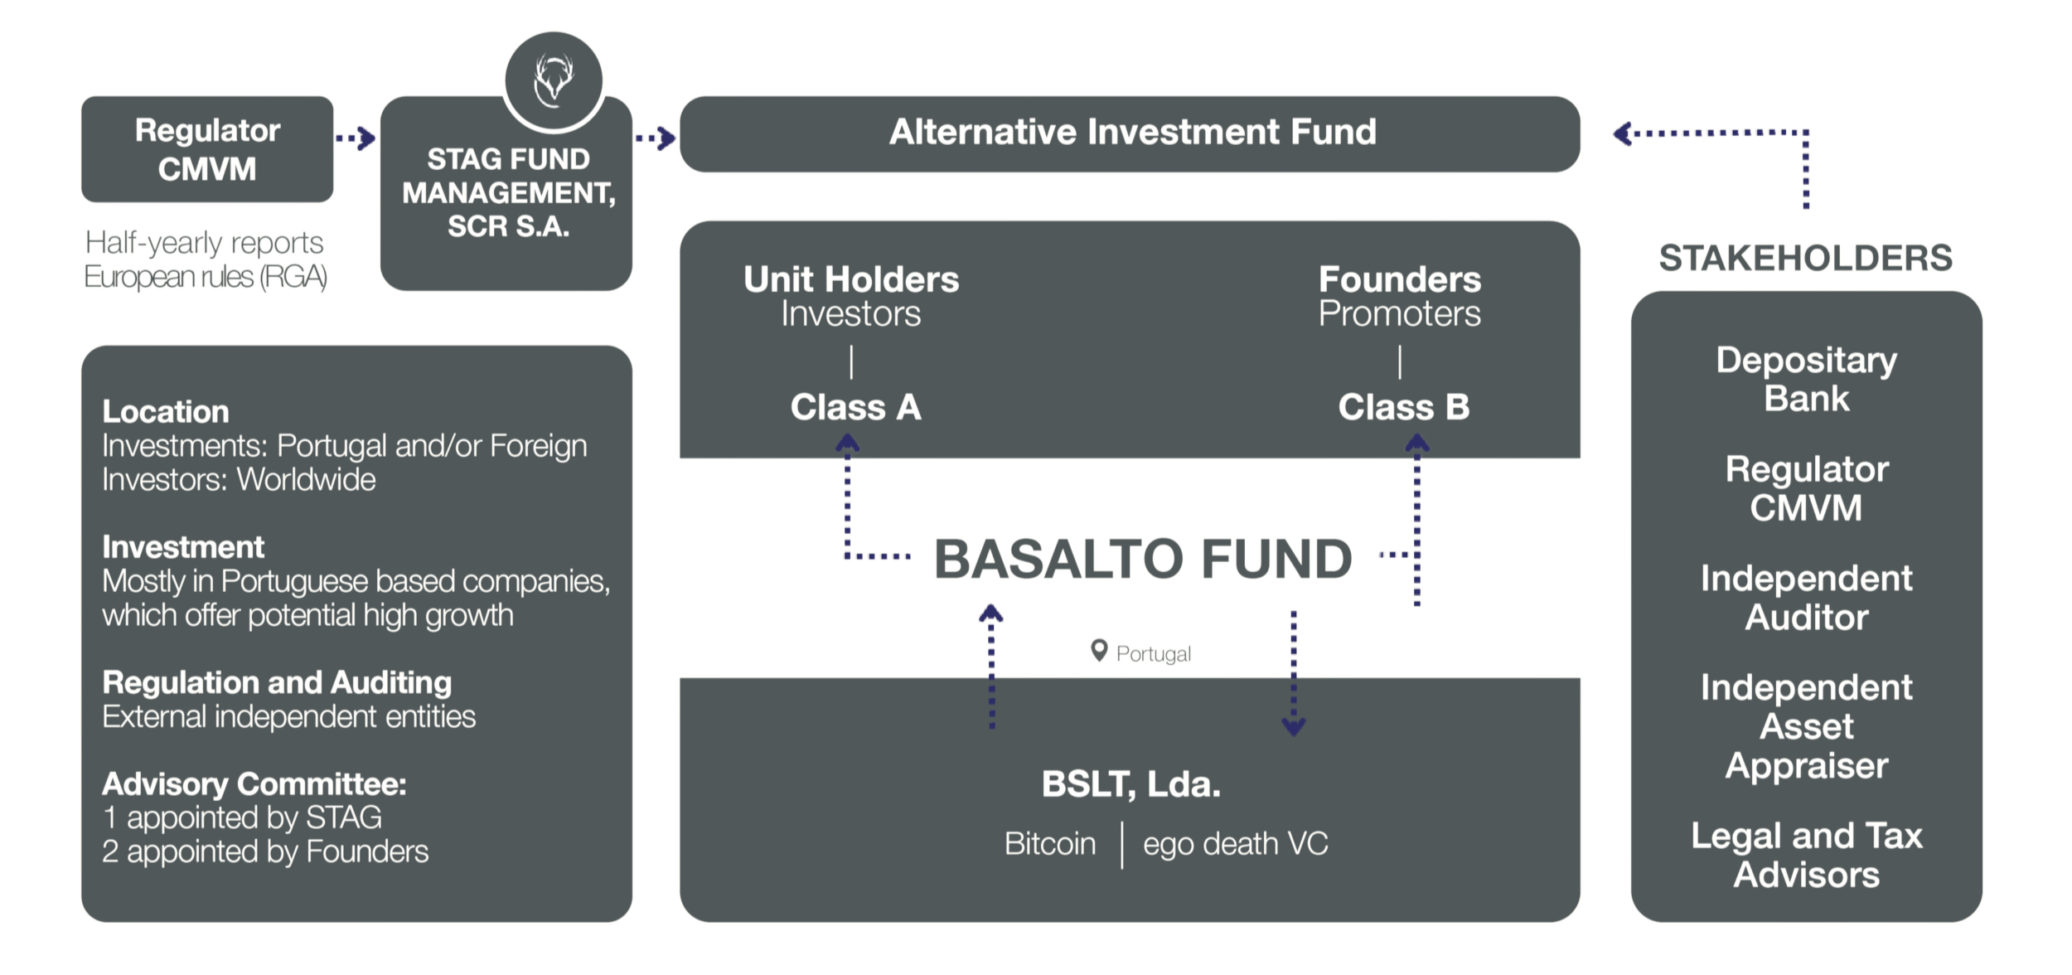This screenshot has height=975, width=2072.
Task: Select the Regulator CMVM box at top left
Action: click(207, 149)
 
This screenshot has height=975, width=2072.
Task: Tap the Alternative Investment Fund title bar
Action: click(1130, 133)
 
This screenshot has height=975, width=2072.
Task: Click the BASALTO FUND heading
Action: click(1144, 559)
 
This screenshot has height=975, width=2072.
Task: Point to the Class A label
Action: click(855, 407)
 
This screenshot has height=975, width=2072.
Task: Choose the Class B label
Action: click(1404, 407)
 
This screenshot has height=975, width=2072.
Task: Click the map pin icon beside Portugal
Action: click(1099, 651)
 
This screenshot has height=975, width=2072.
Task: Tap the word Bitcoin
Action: click(1050, 844)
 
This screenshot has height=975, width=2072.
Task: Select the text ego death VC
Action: click(1236, 844)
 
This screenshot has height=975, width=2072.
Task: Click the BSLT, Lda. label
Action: click(1131, 784)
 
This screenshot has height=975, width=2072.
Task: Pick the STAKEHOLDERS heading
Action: click(1806, 258)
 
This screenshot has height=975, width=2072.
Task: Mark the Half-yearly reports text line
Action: click(205, 243)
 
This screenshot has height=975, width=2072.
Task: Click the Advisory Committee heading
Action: click(254, 783)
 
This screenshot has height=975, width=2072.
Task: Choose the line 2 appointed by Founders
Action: click(265, 851)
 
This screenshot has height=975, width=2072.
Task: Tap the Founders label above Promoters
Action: click(1400, 279)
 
